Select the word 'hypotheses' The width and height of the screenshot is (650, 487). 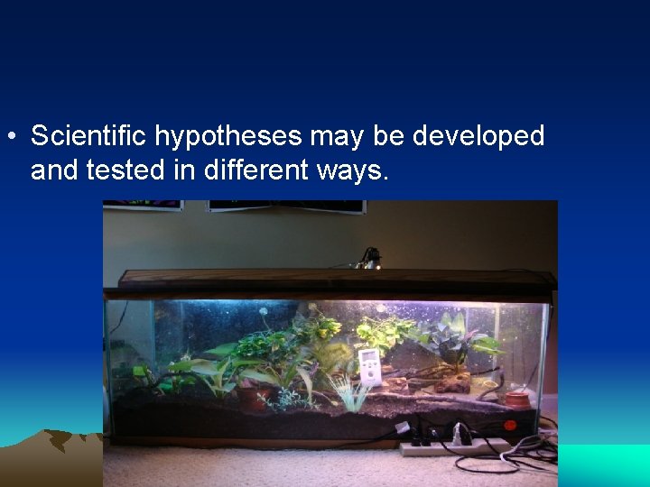[x=229, y=136]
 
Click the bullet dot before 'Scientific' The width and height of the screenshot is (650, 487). [x=10, y=137]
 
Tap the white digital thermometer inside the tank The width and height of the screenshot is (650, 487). [x=370, y=365]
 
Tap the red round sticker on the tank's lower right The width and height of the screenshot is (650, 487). [x=509, y=425]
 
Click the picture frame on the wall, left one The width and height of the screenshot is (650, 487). [x=143, y=206]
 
